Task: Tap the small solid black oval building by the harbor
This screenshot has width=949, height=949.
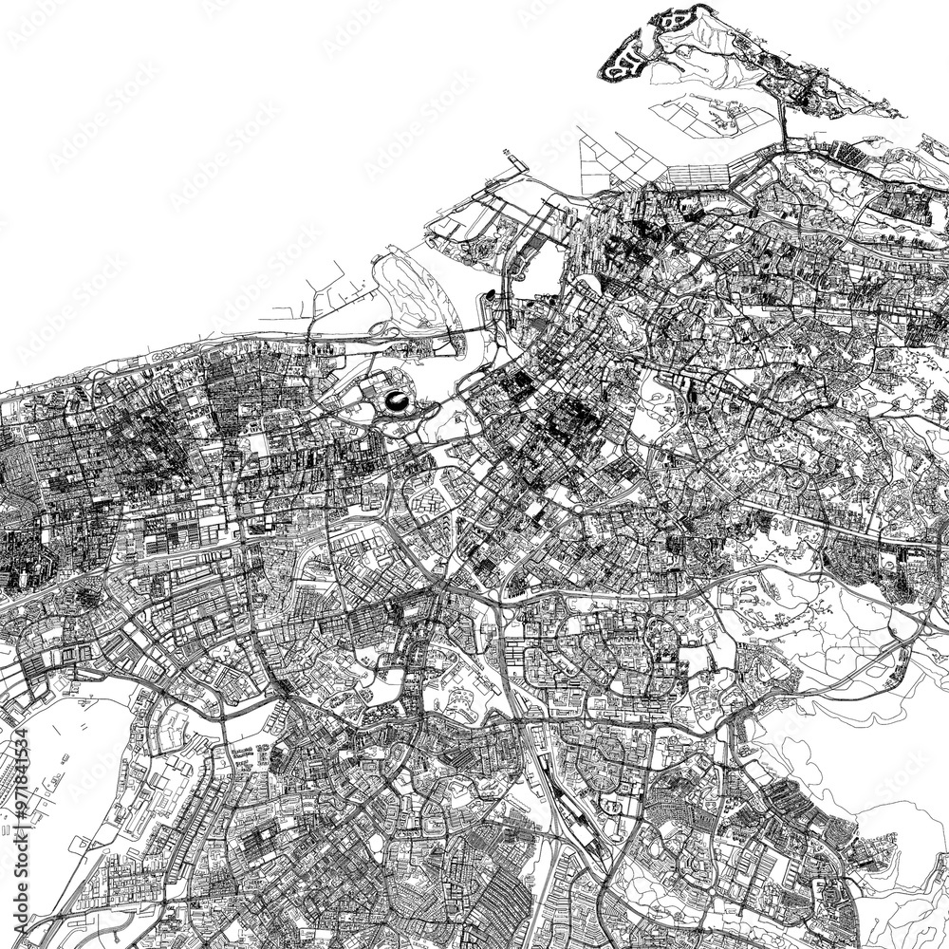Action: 490,296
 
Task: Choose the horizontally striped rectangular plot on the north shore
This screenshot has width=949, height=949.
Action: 698,175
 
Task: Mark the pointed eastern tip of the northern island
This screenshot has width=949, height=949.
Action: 897,115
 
